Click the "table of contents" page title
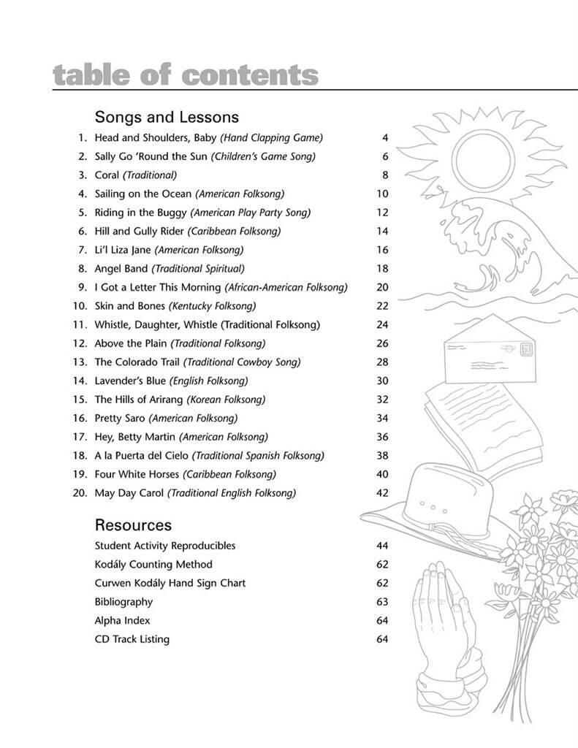coord(186,75)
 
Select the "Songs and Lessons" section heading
coord(167,117)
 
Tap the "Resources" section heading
coord(133,525)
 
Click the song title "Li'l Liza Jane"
coord(123,250)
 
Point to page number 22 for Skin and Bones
coord(382,306)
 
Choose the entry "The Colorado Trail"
coord(137,362)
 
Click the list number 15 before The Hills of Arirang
coord(80,400)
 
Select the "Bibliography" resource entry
coord(123,602)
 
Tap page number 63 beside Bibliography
coord(382,602)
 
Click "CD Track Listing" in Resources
coord(132,639)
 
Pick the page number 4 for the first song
coord(385,137)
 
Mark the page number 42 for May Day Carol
coord(382,493)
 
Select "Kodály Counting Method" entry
coord(153,565)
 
